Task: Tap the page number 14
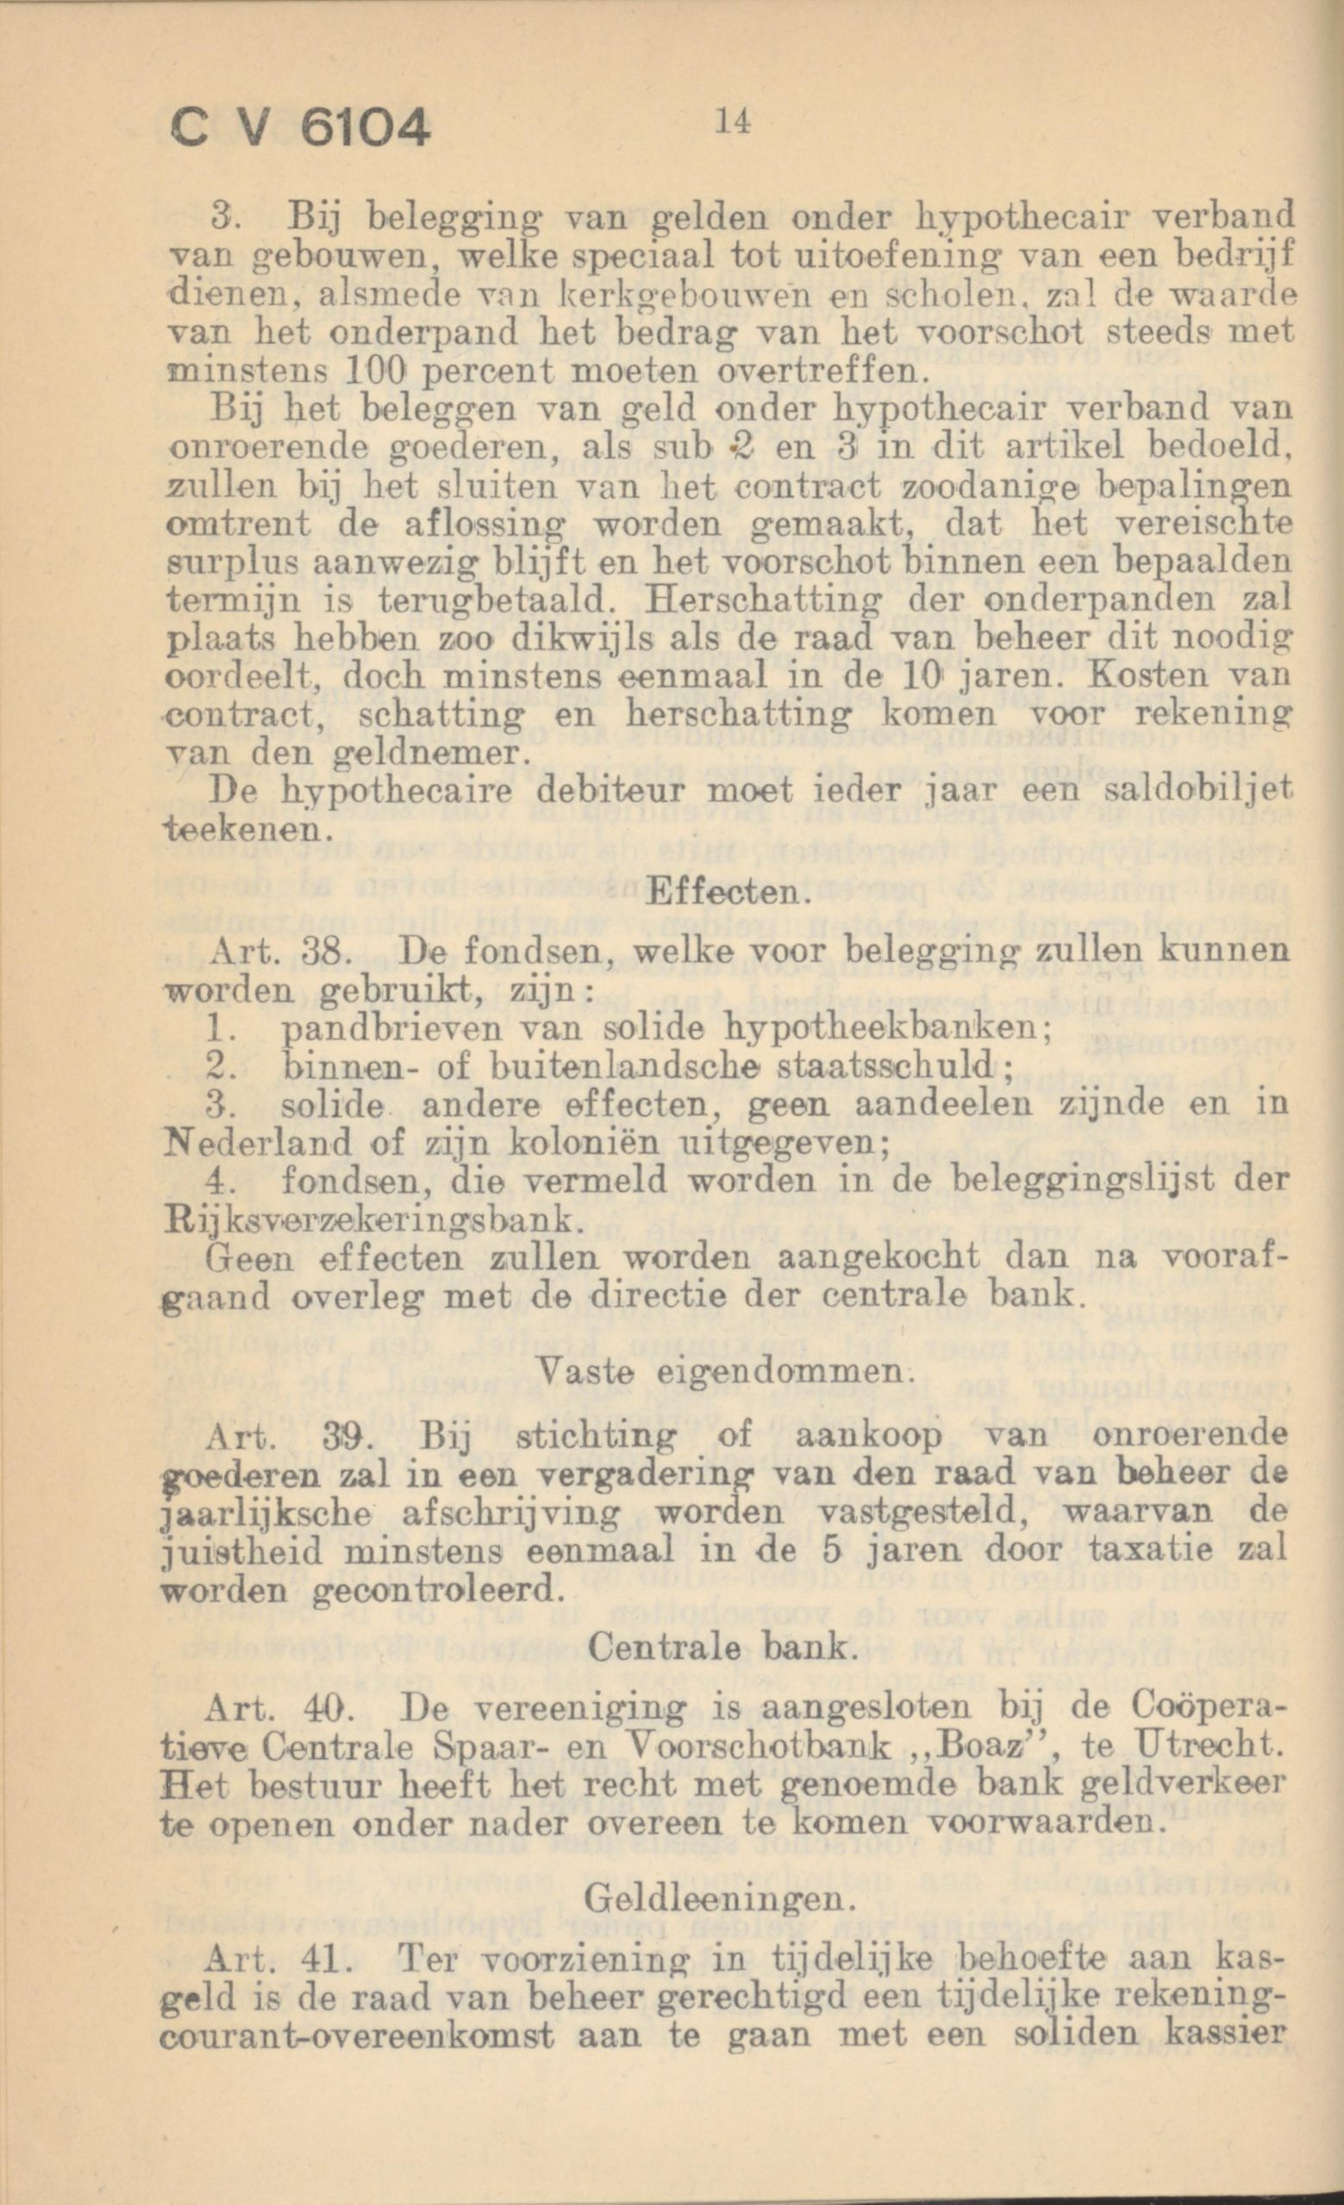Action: [732, 122]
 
